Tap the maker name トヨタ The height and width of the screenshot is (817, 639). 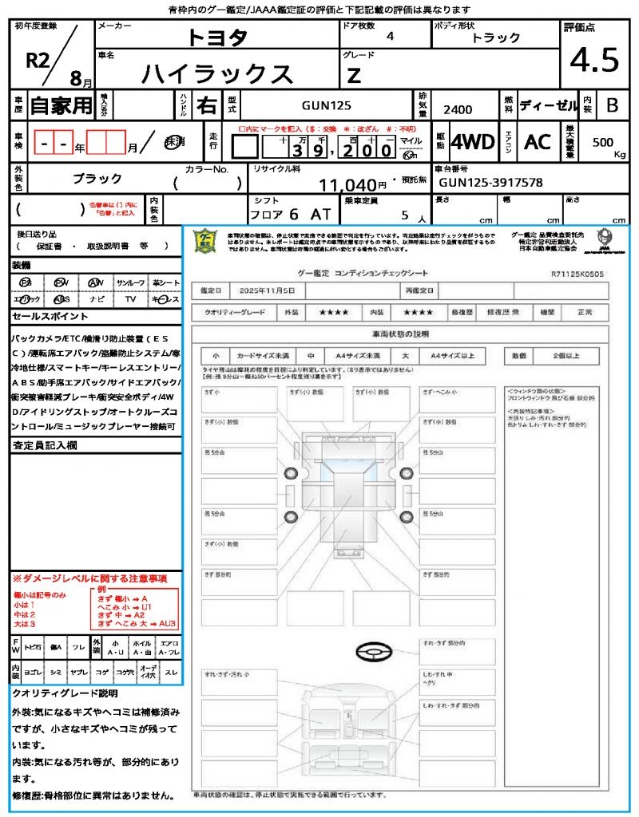217,37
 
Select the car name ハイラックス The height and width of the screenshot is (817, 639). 217,73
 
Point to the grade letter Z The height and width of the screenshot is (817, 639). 354,76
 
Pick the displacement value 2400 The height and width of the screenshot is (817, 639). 458,110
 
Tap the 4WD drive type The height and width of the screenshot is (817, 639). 472,142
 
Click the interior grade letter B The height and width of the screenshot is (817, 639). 612,105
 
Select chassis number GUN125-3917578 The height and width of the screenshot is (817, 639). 490,183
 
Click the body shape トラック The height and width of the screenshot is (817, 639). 496,37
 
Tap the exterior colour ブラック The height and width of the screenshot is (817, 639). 97,179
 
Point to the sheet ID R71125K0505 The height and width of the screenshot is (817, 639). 577,274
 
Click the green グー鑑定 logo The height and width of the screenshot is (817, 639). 206,241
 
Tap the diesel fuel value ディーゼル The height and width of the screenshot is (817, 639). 548,105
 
